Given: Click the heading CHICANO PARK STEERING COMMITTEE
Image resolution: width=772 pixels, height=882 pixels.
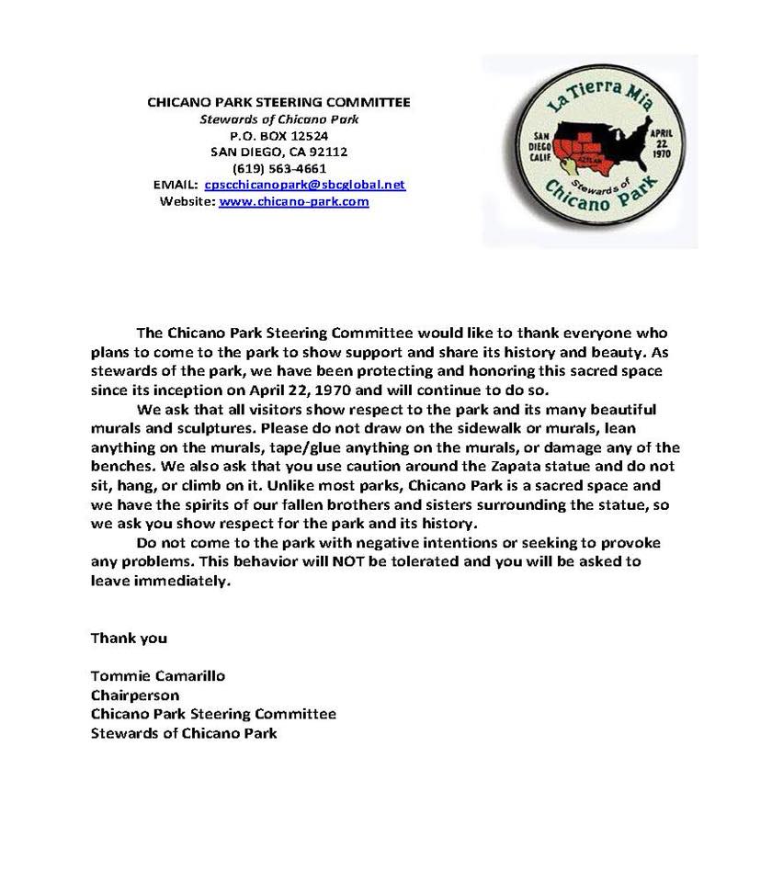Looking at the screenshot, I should coord(278,102).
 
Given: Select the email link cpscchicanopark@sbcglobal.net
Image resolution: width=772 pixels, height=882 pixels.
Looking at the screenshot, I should coord(304,185).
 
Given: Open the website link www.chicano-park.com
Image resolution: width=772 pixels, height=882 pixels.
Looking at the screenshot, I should coord(293,201).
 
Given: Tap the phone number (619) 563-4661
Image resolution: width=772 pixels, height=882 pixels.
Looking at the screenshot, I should coord(279,168).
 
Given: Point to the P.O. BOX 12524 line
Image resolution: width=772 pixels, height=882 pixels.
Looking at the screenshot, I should coord(278,135).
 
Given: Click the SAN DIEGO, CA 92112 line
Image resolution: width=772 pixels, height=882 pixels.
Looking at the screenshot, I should coord(278,152).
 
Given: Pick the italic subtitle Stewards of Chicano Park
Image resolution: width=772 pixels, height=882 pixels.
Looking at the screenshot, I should coord(278,119).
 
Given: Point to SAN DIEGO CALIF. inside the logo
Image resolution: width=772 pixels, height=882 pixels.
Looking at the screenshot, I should coord(534,146).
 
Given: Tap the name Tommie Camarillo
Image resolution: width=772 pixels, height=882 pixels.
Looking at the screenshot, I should coord(158,675).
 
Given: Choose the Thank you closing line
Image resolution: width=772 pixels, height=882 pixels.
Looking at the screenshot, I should coord(129,637).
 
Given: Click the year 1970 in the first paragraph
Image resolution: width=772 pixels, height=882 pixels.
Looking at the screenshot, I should coord(338,389).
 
